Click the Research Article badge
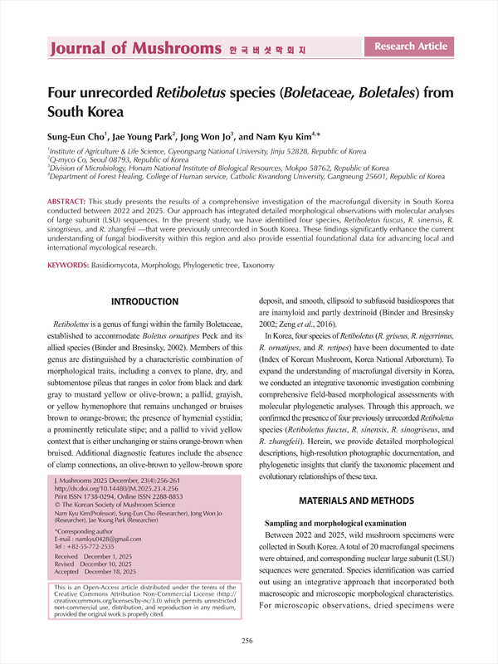411,46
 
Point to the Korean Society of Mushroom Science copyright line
115,504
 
